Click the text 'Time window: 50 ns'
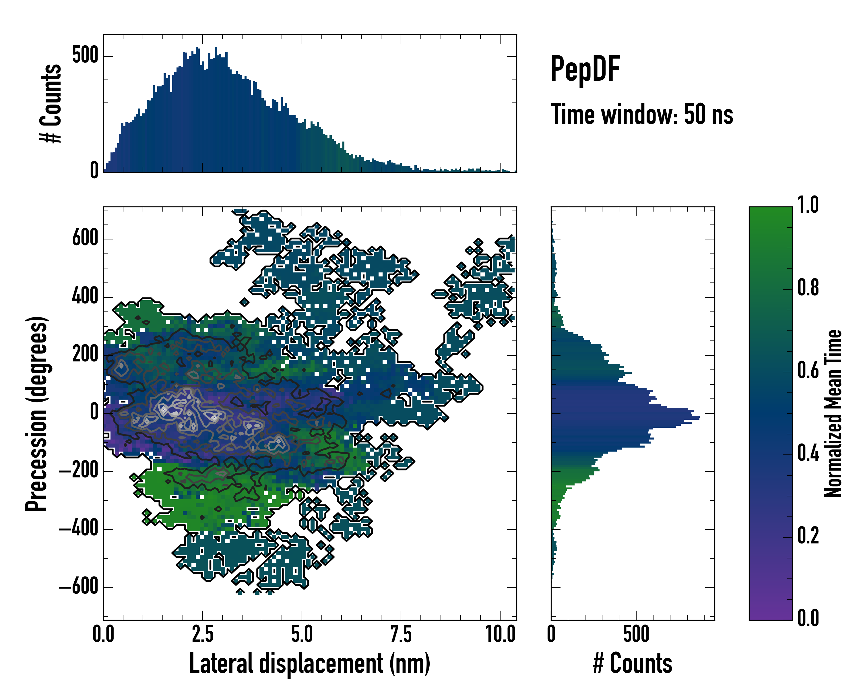click(642, 114)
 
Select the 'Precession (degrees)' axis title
click(37, 413)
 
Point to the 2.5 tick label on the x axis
click(202, 634)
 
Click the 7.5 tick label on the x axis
click(401, 634)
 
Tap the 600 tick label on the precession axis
click(85, 239)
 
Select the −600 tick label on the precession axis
click(79, 587)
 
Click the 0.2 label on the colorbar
click(808, 536)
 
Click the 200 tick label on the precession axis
click(85, 354)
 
